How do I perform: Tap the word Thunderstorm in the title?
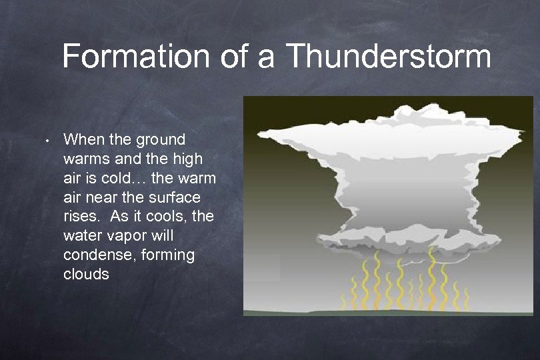coord(389,57)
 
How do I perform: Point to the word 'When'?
coord(82,140)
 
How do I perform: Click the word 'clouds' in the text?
coord(86,274)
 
